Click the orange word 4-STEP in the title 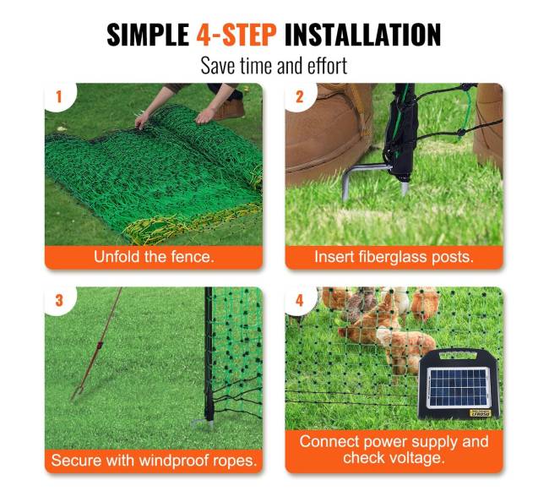click(236, 35)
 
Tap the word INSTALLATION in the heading click(362, 35)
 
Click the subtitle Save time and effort click(274, 65)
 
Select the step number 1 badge click(59, 97)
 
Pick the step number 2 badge click(299, 97)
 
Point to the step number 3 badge click(59, 301)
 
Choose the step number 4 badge click(299, 301)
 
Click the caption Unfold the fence click(154, 257)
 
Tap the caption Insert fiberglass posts click(394, 257)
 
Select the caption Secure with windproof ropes click(154, 461)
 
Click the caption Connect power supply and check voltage click(394, 450)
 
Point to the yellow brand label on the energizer click(480, 413)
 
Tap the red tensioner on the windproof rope click(100, 346)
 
